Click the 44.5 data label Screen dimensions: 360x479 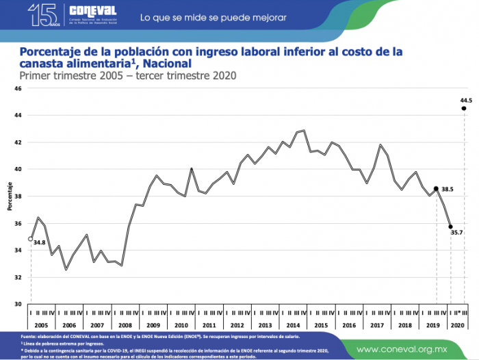(x=467, y=101)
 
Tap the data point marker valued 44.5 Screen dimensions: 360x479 (x=464, y=108)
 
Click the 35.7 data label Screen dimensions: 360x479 (x=456, y=233)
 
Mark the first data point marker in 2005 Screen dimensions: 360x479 (x=31, y=239)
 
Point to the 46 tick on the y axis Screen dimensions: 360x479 (x=18, y=89)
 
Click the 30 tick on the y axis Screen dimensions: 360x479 (x=18, y=304)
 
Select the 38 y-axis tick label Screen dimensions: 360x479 (x=18, y=196)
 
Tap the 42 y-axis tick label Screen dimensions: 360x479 (x=18, y=142)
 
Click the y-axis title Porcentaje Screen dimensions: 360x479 (x=10, y=196)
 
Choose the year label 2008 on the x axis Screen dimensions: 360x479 (x=125, y=325)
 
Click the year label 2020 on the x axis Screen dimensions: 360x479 (x=458, y=325)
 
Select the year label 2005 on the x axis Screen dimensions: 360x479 (x=40, y=325)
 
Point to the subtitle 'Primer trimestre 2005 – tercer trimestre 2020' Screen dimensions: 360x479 (x=128, y=75)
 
